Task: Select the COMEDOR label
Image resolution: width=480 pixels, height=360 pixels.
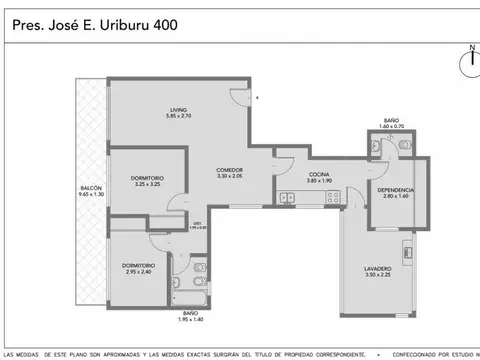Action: [231, 170]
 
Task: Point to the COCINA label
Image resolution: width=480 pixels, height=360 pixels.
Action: [320, 173]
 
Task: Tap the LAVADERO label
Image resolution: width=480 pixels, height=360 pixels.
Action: [377, 269]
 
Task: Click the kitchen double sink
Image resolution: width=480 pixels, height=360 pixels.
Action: [287, 196]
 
